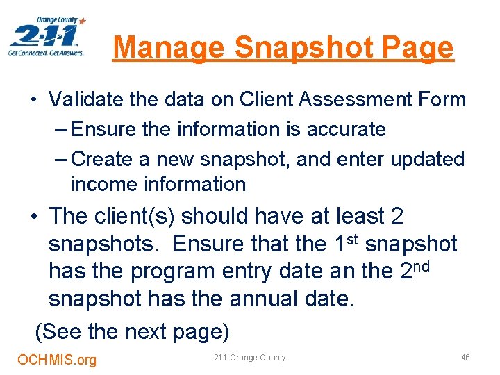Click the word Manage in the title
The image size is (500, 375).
pyautogui.click(x=167, y=47)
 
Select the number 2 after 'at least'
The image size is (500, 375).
pyautogui.click(x=397, y=216)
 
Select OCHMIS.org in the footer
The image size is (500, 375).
pyautogui.click(x=57, y=359)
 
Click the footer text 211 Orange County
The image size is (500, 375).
pyautogui.click(x=250, y=358)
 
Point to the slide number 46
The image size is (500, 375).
pyautogui.click(x=465, y=358)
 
